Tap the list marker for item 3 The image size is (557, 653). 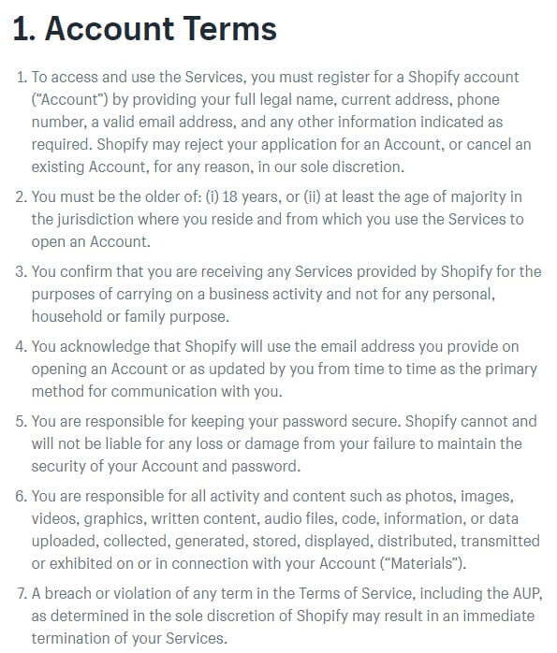tap(22, 272)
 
